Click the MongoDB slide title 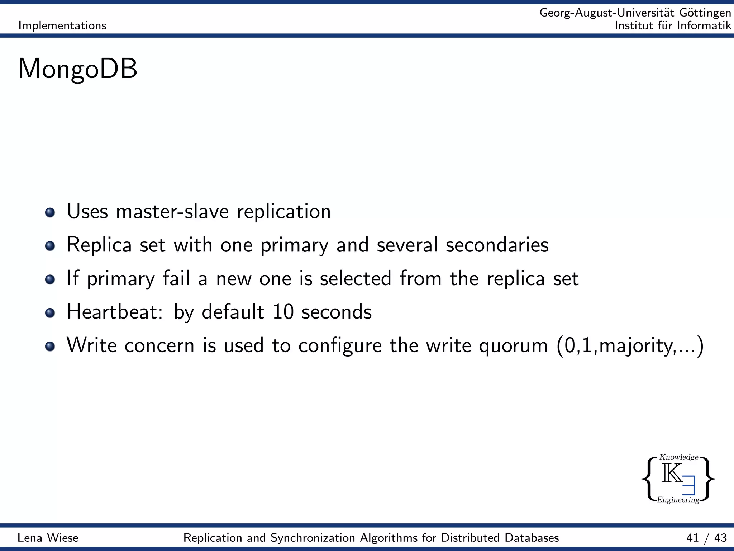click(x=77, y=69)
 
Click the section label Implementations click(x=62, y=25)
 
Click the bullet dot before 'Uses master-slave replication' click(x=50, y=212)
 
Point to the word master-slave click(x=172, y=211)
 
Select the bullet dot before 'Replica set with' click(x=50, y=246)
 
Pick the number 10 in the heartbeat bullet click(x=283, y=312)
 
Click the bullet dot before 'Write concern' click(x=50, y=346)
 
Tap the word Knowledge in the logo click(x=679, y=457)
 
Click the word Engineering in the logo click(x=678, y=500)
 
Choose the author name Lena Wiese click(x=48, y=538)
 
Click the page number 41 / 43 click(x=706, y=538)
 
